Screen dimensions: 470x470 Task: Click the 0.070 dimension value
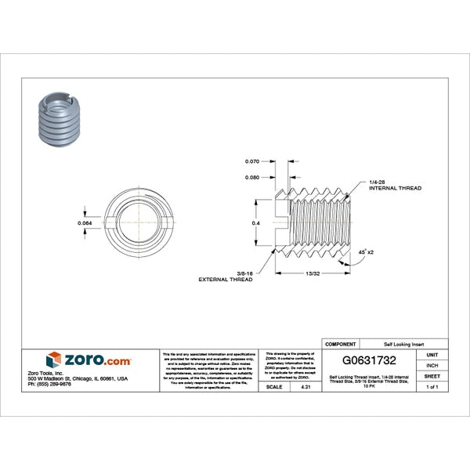[x=251, y=161]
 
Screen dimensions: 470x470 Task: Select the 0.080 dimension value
[x=251, y=177]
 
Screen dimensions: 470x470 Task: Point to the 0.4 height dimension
[x=255, y=223]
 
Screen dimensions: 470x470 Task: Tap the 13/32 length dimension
[x=312, y=273]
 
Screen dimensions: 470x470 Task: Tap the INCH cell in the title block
[x=432, y=365]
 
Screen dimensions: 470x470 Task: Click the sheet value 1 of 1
[x=432, y=387]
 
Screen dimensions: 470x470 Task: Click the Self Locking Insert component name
[x=403, y=344]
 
